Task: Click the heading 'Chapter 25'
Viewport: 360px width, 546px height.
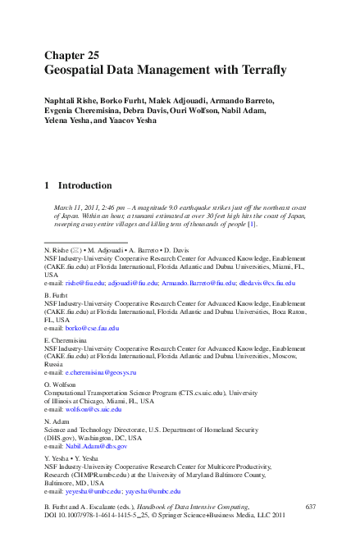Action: pos(71,56)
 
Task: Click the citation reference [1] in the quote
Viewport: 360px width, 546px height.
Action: pos(253,224)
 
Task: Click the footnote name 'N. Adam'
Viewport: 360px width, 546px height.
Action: pos(58,422)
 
